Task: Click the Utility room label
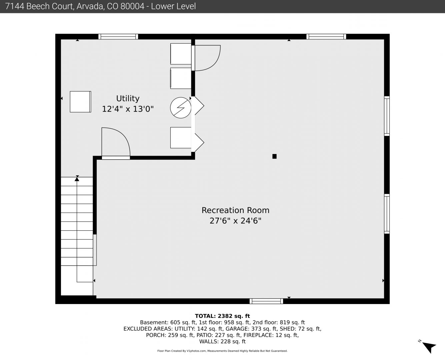128,98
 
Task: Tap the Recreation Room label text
235,210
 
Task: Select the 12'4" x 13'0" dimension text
128,109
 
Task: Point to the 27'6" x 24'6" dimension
235,221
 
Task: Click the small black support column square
275,156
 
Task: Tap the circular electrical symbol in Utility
181,108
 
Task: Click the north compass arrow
429,347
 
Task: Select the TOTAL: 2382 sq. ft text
222,316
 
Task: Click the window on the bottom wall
266,301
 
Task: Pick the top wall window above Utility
118,37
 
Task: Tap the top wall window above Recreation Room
326,37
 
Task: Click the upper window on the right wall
387,116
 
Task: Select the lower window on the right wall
387,214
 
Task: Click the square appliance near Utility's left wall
80,102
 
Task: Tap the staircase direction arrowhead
77,179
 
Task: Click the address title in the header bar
100,6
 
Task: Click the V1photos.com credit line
222,351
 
